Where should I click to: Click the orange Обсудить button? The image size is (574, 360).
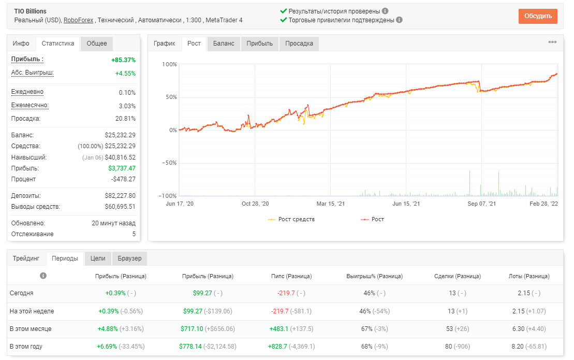[538, 16]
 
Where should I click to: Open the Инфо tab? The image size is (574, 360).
[21, 43]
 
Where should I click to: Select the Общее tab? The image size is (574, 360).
[97, 43]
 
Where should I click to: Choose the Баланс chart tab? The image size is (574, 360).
[223, 43]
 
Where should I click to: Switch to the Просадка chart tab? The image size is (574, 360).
[299, 43]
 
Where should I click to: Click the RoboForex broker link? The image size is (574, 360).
[78, 20]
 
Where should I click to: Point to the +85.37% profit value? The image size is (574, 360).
[123, 60]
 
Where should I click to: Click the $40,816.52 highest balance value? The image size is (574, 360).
[120, 157]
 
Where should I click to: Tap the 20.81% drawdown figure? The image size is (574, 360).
[125, 118]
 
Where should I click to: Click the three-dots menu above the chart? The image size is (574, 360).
[552, 42]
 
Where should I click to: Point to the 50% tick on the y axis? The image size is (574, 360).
[171, 97]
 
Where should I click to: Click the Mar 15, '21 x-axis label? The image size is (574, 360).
[331, 204]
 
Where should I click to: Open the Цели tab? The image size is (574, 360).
[98, 258]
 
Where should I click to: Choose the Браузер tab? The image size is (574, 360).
[129, 258]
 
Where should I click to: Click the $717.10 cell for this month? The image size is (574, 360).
[192, 328]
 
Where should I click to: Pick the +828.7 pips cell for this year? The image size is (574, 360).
[277, 346]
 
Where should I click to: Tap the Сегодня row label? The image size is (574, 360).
[21, 293]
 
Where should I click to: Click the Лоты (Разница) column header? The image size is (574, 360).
[529, 276]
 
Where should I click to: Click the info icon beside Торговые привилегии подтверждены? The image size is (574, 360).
[400, 20]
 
